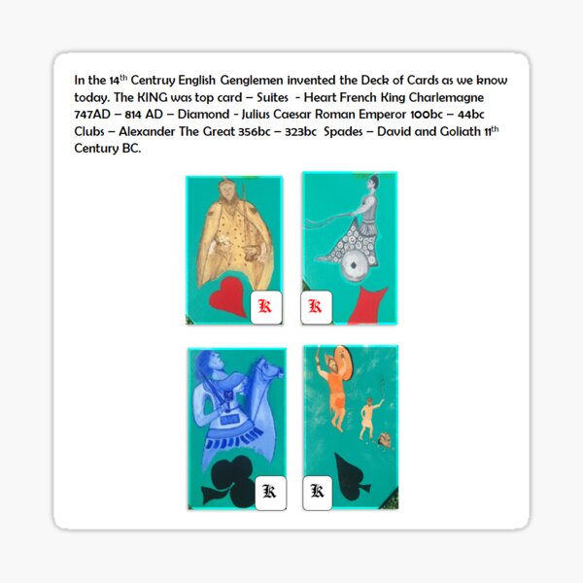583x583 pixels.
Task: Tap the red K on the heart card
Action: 264,307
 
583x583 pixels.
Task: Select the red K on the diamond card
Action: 315,307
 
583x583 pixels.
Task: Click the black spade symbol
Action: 353,473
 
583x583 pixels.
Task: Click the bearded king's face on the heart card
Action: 229,192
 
